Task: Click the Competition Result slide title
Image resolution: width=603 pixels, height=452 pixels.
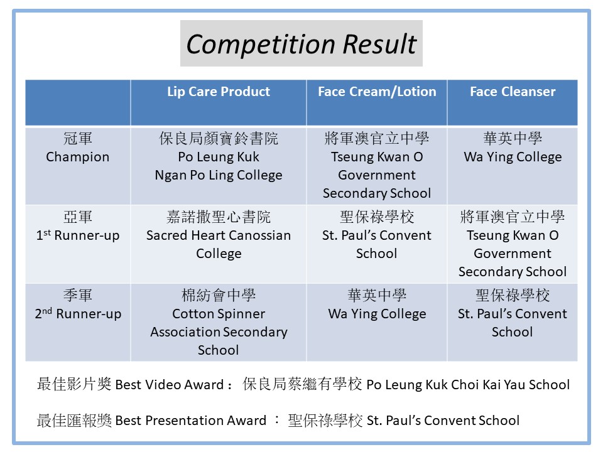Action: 301,44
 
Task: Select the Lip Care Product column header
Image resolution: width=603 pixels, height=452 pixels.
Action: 218,92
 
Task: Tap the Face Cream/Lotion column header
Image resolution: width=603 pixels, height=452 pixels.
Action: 376,92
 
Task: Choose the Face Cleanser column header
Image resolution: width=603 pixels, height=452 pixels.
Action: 513,92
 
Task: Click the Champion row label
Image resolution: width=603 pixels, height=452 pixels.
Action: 77,148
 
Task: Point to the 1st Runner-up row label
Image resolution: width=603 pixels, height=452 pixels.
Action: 77,227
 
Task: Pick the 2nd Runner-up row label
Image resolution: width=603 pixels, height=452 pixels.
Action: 77,305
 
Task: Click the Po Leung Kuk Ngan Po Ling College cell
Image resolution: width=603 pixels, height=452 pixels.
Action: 218,157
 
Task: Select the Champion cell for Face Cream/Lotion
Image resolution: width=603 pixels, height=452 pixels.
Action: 376,166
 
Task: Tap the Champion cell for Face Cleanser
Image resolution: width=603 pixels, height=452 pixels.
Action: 513,148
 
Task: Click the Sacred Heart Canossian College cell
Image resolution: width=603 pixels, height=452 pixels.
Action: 218,235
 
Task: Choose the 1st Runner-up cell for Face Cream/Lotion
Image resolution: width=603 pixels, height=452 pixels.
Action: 376,235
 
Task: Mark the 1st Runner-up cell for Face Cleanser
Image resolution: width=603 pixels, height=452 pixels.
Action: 513,244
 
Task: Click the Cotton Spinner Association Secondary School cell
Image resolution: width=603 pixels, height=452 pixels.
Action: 218,323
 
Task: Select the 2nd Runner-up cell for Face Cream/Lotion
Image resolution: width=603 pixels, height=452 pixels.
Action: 376,305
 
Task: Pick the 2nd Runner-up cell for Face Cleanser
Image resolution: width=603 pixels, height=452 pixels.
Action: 513,314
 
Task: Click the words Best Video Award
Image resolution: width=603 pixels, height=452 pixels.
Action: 168,385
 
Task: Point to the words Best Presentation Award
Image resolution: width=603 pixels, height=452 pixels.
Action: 190,421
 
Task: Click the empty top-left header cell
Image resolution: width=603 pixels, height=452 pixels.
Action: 77,102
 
